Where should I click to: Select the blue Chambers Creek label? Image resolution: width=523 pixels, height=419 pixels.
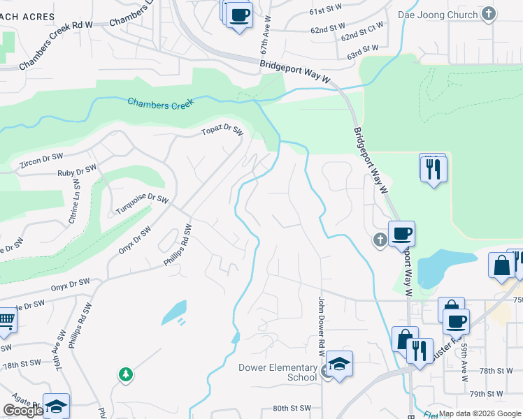click(x=159, y=104)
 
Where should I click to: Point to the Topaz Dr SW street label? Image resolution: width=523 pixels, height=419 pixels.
click(x=222, y=131)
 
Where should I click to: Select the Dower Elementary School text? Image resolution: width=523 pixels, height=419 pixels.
click(x=278, y=372)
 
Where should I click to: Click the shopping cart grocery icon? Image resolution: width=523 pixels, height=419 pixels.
click(x=6, y=320)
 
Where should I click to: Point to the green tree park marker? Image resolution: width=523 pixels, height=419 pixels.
click(x=125, y=375)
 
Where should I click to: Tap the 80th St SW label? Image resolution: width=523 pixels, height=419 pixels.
click(x=291, y=407)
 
